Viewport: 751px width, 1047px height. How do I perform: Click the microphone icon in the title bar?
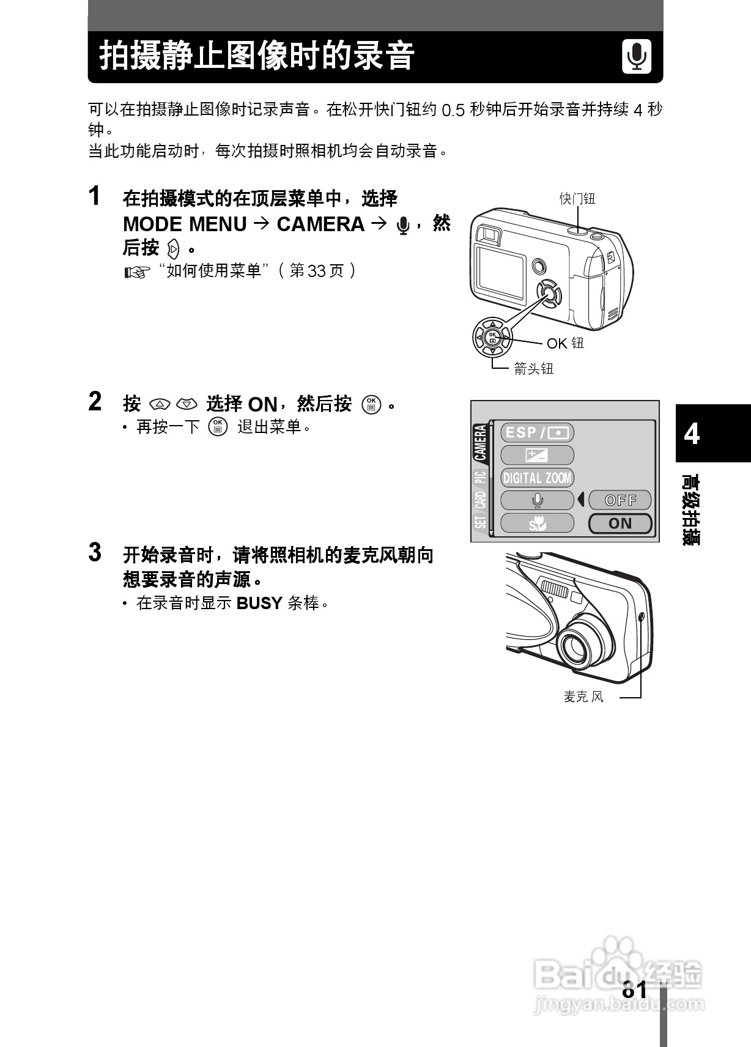coord(637,57)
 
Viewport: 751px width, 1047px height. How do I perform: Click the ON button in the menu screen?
coord(620,523)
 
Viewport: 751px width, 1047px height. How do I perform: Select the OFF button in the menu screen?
coord(620,500)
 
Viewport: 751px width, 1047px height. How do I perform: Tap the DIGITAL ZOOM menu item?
coord(537,478)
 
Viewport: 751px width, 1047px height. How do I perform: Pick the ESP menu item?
coord(537,432)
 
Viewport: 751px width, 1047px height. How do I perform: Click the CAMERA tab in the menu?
coord(480,443)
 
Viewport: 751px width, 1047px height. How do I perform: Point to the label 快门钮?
coord(577,199)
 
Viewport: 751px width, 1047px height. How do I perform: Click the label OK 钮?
coord(565,343)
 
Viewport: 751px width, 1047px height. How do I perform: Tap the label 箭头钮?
coord(533,368)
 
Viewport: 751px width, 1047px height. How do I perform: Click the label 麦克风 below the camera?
coord(583,697)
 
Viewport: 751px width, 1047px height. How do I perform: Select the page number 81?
coord(634,990)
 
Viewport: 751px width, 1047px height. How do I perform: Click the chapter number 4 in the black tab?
coord(691,434)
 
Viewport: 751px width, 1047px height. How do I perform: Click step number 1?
coord(95,196)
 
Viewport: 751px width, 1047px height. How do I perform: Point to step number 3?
coord(95,552)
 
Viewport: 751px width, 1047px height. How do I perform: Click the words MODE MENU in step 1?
coord(185,224)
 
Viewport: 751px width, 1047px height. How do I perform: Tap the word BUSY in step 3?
coord(259,604)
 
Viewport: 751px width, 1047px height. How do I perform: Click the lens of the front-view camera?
coord(576,644)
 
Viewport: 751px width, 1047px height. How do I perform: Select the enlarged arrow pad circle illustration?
coord(492,337)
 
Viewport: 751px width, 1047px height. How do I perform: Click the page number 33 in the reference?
coord(316,271)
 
